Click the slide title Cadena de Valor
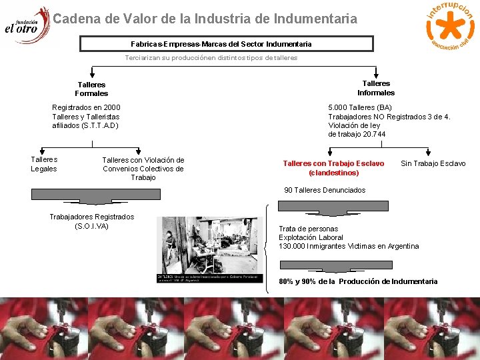205,19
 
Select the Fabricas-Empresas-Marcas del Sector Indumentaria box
227,44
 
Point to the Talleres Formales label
91,89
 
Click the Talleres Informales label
376,88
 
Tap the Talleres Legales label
44,164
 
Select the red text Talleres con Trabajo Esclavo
333,167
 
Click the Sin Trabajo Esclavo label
433,163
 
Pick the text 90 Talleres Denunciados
325,190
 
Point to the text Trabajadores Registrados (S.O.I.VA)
91,221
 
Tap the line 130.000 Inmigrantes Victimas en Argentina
349,246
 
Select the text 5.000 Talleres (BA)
360,107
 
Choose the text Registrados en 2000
86,107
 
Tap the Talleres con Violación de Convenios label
143,169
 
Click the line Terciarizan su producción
211,58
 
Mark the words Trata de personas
308,229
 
